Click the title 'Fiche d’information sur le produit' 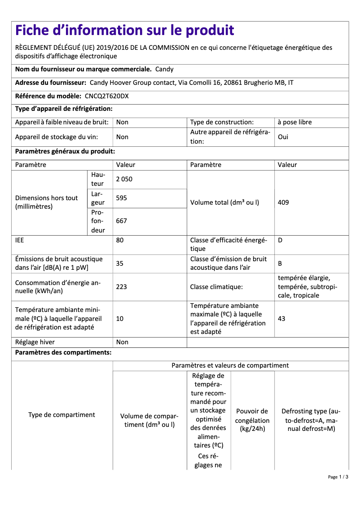pyautogui.click(x=125, y=31)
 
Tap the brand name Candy pyautogui.click(x=164, y=69)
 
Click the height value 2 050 pyautogui.click(x=124, y=179)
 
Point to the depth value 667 pyautogui.click(x=122, y=221)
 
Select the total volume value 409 pyautogui.click(x=283, y=202)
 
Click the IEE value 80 pyautogui.click(x=120, y=240)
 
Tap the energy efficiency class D pyautogui.click(x=280, y=240)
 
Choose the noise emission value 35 pyautogui.click(x=120, y=263)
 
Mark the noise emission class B pyautogui.click(x=280, y=263)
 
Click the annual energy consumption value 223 pyautogui.click(x=122, y=287)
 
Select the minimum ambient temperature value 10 pyautogui.click(x=120, y=319)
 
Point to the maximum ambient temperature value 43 pyautogui.click(x=281, y=319)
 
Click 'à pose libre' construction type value pyautogui.click(x=294, y=122)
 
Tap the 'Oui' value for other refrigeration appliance pyautogui.click(x=283, y=137)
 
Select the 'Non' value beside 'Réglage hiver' pyautogui.click(x=122, y=342)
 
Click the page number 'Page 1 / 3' pyautogui.click(x=338, y=477)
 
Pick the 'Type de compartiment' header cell pyautogui.click(x=61, y=415)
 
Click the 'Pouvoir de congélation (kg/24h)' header pyautogui.click(x=252, y=420)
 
